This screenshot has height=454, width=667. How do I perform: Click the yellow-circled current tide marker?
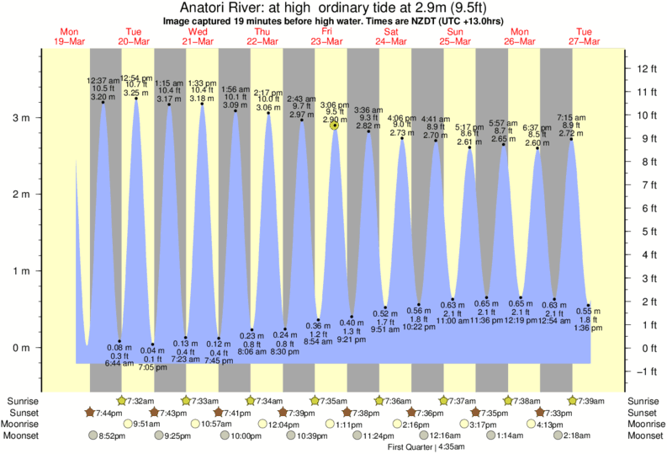(335, 125)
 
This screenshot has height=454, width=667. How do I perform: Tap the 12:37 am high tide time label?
(103, 81)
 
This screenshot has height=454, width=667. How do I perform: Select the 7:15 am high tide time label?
(571, 117)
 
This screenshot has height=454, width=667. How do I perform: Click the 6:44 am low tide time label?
(120, 363)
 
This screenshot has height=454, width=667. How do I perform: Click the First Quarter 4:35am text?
(413, 447)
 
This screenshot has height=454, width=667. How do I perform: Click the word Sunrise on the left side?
(22, 401)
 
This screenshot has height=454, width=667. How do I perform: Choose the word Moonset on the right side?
(645, 435)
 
